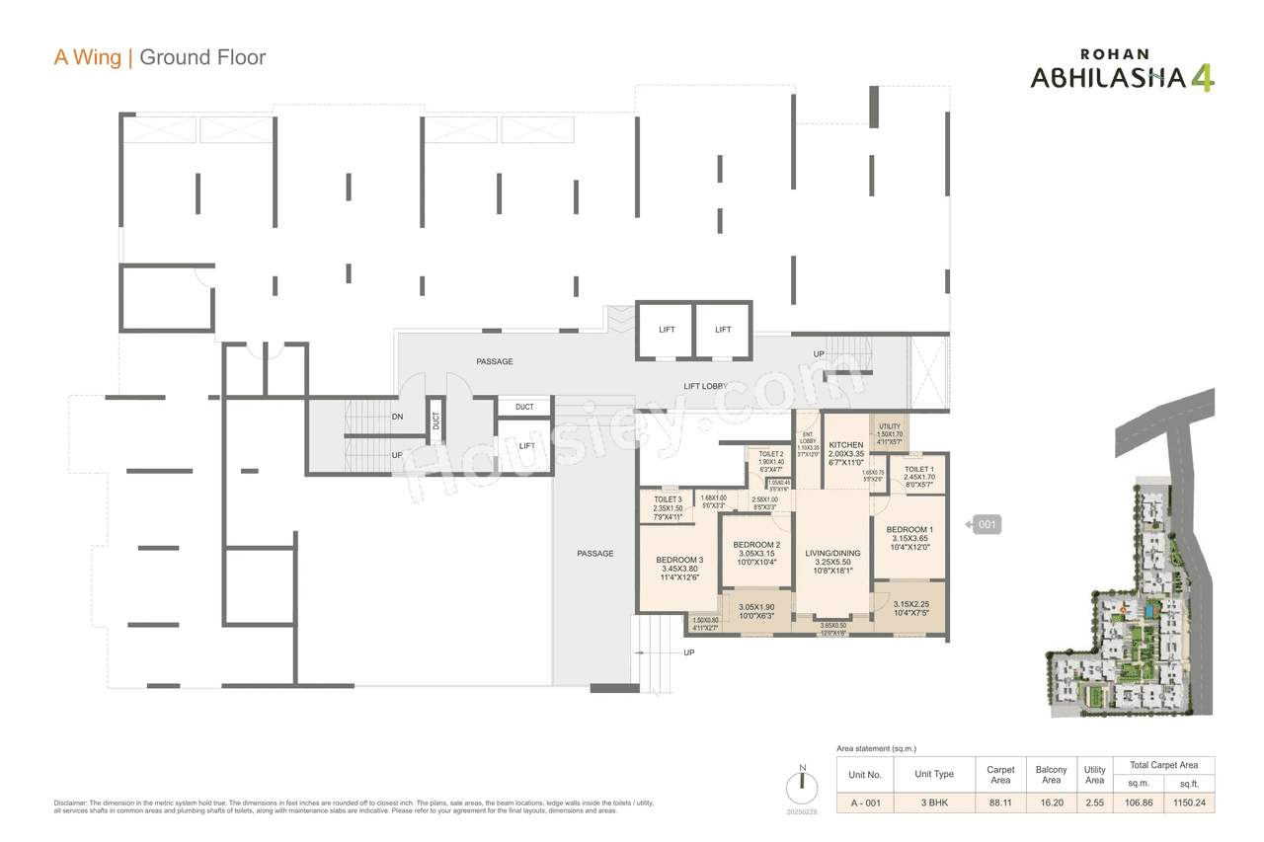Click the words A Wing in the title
coord(87,57)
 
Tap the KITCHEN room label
coord(846,445)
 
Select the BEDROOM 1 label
coord(909,530)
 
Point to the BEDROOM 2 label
coord(756,545)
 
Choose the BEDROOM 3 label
coord(679,560)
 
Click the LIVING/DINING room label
coord(832,553)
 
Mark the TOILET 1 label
coord(918,470)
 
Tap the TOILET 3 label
coord(668,499)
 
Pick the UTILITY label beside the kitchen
coord(889,426)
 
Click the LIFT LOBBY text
coord(705,386)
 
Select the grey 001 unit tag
coord(987,525)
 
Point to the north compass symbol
coord(803,787)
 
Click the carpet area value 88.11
coord(1000,804)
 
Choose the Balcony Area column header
coord(1051,775)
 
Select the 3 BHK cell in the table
coord(934,804)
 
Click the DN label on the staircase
coord(397,417)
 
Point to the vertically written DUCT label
coord(435,421)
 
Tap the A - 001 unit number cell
coord(866,804)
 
